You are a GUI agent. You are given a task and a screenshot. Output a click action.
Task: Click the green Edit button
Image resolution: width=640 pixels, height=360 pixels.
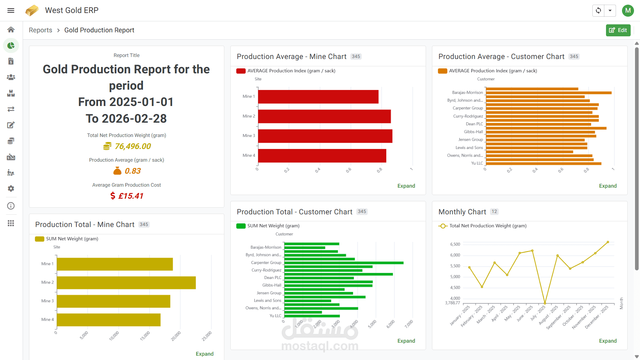coord(618,30)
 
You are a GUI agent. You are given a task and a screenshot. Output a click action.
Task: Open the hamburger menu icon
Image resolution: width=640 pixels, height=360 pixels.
coord(11,10)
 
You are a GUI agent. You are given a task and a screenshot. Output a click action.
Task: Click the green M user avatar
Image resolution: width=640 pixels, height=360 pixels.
coord(628,10)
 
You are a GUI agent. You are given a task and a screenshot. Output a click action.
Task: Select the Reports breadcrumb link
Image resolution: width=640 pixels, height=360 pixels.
coord(40,30)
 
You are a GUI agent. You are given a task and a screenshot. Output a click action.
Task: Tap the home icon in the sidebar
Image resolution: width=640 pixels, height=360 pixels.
coord(11,30)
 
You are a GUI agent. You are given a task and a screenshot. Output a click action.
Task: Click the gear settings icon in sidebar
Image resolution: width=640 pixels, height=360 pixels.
coord(11,189)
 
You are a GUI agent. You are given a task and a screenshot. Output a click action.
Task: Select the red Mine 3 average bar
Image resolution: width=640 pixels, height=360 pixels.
coord(325,136)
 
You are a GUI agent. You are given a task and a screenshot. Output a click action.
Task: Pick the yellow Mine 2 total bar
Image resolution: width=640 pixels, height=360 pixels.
coord(126,283)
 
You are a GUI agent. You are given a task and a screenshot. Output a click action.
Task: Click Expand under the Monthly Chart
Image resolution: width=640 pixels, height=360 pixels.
coord(608,341)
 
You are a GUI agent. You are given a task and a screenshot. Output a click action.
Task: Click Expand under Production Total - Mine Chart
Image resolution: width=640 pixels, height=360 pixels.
coord(205,354)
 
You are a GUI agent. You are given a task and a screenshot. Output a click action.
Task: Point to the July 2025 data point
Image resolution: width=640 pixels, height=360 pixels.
coord(545,303)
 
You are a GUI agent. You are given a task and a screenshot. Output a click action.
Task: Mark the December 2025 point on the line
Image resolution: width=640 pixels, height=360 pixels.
coord(608,242)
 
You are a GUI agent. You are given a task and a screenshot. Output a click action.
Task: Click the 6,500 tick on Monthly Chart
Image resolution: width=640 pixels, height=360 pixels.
coord(455,244)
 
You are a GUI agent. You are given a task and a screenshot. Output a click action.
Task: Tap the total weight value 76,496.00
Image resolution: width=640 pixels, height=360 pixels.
coord(133,146)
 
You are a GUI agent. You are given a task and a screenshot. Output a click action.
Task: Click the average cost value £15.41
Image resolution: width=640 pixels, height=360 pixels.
coord(131,196)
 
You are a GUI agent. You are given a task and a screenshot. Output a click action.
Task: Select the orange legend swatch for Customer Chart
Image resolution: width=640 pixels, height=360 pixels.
coord(442,71)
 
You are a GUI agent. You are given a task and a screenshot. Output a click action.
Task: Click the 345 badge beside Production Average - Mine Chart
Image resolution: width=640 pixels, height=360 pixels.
coord(356,57)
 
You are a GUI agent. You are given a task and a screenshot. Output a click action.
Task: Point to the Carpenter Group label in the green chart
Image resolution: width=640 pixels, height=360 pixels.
coord(266,263)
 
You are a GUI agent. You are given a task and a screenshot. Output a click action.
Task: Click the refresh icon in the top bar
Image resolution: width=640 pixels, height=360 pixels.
coord(598,10)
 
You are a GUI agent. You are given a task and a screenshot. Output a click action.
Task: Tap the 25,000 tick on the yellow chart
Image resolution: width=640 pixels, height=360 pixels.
coord(207,336)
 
